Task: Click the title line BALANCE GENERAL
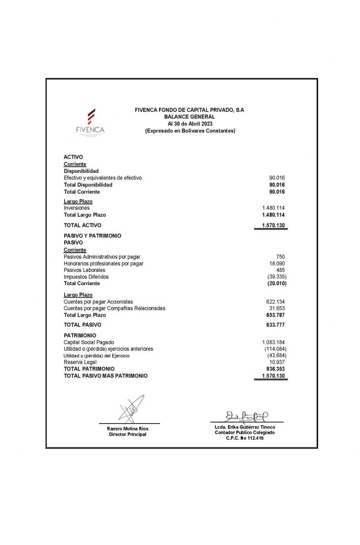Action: pos(189,117)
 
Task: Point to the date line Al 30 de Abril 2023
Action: pos(189,123)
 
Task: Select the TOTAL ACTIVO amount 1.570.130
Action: pos(274,225)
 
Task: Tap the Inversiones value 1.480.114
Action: pos(274,208)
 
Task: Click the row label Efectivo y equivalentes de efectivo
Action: pos(103,178)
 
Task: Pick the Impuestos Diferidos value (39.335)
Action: pos(277,277)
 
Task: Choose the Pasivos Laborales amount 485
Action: pos(281,270)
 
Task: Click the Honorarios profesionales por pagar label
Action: pos(103,263)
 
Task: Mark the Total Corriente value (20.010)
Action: pos(277,283)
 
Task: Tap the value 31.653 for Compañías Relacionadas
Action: pos(278,308)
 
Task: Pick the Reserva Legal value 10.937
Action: pos(278,362)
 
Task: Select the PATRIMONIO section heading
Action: pos(80,335)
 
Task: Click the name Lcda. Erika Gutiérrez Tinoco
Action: pos(245,427)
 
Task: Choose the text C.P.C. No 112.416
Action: pos(245,438)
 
